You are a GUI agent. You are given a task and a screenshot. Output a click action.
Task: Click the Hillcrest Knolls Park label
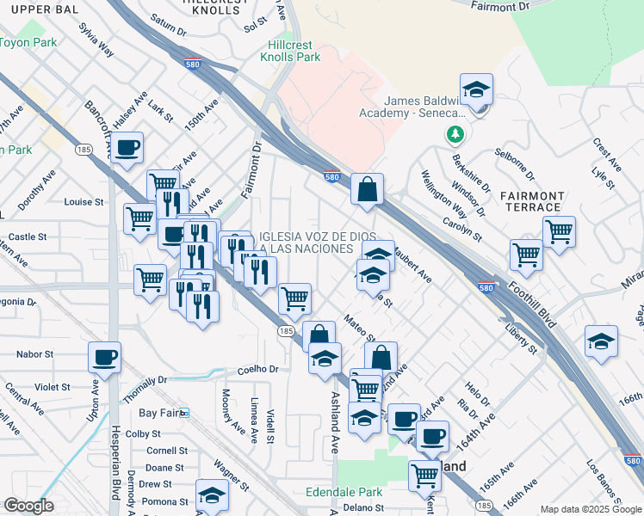(x=290, y=50)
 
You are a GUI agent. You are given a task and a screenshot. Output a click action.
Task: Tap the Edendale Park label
(x=344, y=493)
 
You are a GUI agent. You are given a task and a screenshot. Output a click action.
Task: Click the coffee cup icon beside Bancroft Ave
(x=127, y=148)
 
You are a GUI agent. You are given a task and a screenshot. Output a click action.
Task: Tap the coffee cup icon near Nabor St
(x=104, y=356)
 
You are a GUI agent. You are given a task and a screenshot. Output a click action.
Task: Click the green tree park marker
(x=455, y=135)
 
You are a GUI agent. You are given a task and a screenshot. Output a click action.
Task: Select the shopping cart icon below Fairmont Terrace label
(x=559, y=230)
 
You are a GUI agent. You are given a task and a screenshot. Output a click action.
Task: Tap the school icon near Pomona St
(x=211, y=494)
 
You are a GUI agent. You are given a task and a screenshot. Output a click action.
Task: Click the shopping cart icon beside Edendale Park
(x=424, y=474)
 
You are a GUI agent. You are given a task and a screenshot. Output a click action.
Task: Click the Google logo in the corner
(x=28, y=506)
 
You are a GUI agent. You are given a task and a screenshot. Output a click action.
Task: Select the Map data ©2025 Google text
(x=591, y=509)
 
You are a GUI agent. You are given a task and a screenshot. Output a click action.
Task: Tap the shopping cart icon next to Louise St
(x=139, y=217)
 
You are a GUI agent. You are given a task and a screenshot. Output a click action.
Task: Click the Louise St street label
(x=84, y=202)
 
